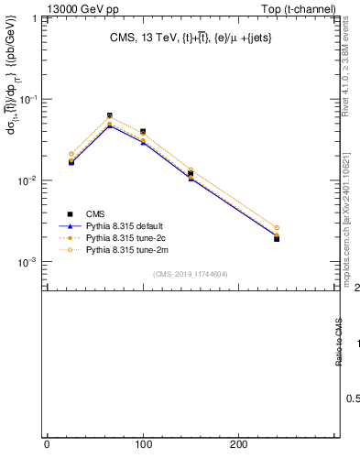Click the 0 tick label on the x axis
tap(47, 444)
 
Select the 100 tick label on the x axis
tap(143, 444)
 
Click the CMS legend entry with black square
tap(95, 213)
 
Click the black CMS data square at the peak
tap(110, 115)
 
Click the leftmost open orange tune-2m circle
tap(71, 154)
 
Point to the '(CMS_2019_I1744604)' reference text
tap(191, 274)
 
